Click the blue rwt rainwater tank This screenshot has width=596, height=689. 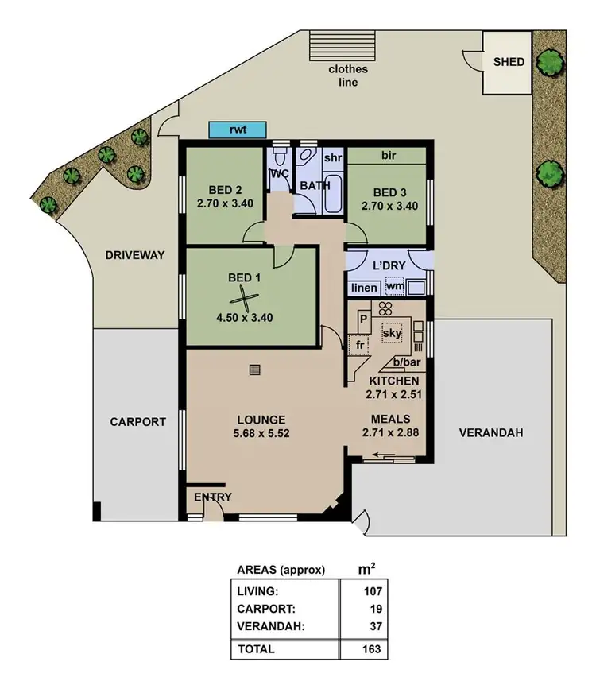(x=235, y=130)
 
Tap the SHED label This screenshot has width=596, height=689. (x=509, y=61)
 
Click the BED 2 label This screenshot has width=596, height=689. (x=224, y=191)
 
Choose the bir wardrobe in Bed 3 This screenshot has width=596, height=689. (x=389, y=156)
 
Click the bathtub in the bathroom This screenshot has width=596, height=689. (x=332, y=195)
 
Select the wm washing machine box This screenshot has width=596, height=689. (x=395, y=286)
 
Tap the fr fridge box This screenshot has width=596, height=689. (x=360, y=346)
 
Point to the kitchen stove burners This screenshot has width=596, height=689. (x=385, y=310)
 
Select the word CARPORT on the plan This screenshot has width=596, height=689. (x=137, y=422)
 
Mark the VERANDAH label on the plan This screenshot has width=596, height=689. (x=490, y=433)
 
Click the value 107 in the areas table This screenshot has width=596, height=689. (x=373, y=591)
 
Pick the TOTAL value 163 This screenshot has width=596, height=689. (x=373, y=649)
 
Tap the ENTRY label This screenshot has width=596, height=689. (x=213, y=497)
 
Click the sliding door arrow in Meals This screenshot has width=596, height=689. (x=385, y=456)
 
